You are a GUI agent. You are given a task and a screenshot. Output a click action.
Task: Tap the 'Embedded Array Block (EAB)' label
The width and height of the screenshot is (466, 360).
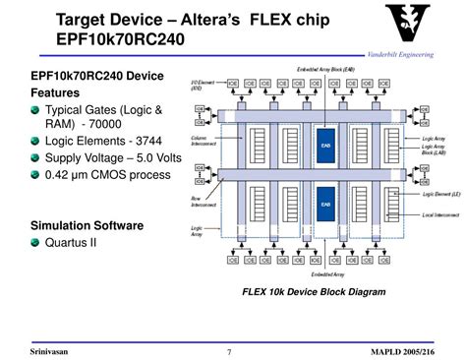click(x=328, y=71)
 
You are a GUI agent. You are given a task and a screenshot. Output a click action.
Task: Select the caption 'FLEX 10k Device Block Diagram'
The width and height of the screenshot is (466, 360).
click(x=314, y=292)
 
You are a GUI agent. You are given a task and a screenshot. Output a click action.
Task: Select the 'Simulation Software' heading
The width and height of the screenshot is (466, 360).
click(x=87, y=225)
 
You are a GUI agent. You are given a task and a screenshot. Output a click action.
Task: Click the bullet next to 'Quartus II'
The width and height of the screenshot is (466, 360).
click(x=34, y=244)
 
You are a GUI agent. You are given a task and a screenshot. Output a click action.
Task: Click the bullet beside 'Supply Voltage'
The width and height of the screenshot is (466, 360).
click(x=34, y=157)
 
